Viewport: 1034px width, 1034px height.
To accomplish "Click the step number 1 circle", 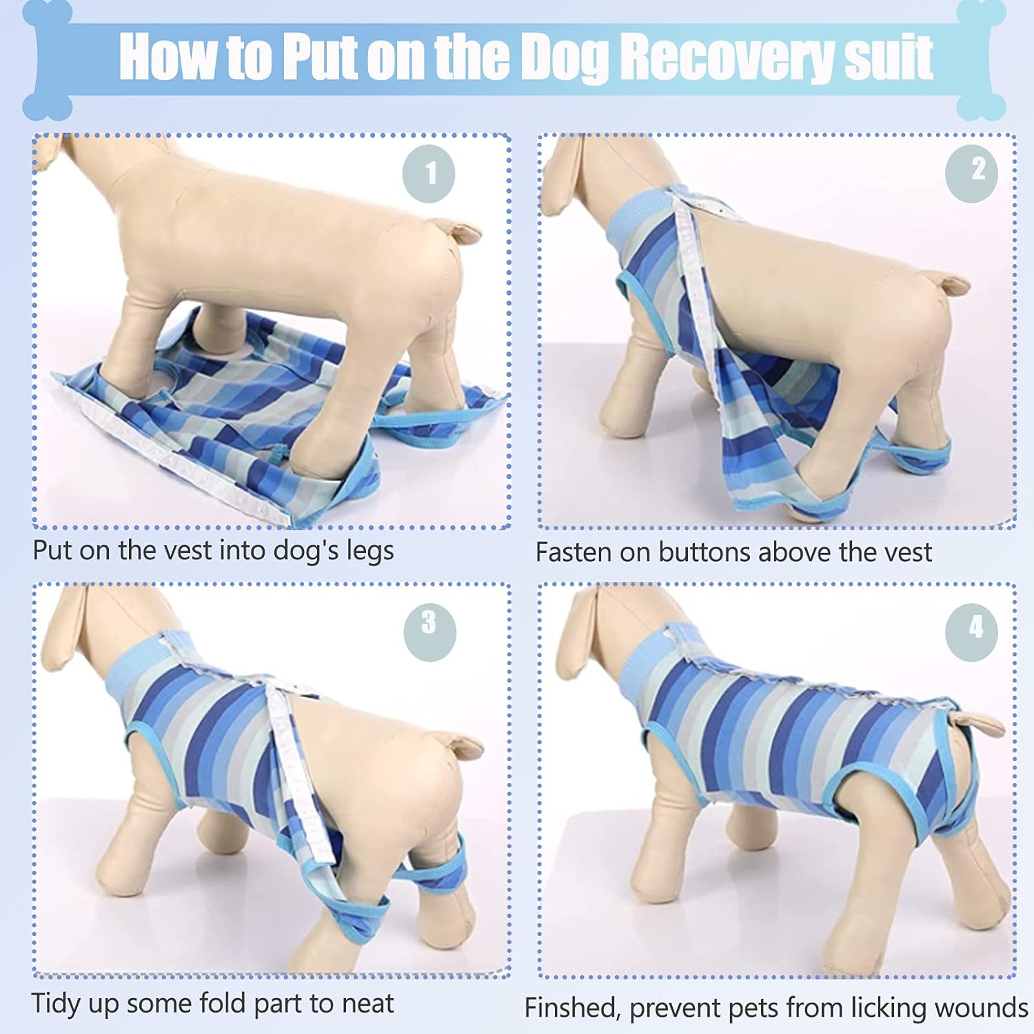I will (x=429, y=174).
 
